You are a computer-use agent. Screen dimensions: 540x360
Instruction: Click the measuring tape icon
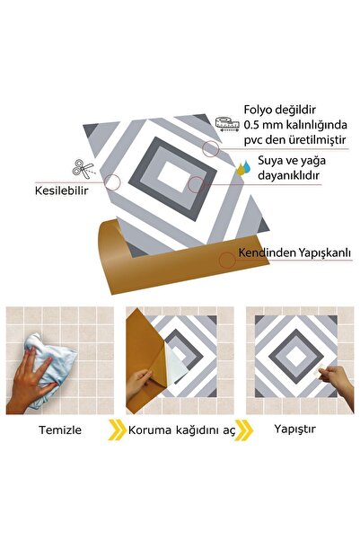[228, 120]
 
